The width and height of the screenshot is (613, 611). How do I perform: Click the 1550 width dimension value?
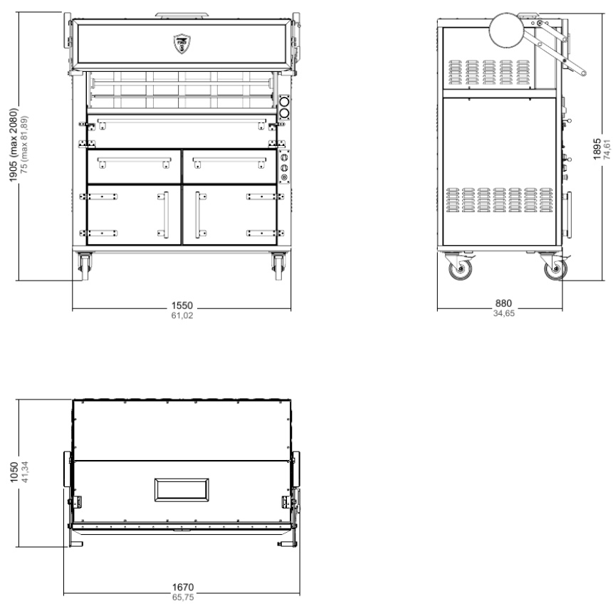point(182,305)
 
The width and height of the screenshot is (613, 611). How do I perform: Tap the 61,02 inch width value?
point(182,315)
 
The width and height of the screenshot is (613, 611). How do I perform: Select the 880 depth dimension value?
point(503,303)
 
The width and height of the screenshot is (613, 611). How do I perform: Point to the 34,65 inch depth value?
point(504,313)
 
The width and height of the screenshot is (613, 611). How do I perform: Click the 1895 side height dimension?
point(597,149)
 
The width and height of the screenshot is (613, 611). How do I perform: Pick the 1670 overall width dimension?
point(183,587)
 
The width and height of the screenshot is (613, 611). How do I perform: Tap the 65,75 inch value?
point(183,597)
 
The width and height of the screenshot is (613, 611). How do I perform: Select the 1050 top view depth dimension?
point(14,472)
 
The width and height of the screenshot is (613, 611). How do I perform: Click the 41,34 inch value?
point(24,472)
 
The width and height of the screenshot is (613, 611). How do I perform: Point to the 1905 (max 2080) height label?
point(14,145)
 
